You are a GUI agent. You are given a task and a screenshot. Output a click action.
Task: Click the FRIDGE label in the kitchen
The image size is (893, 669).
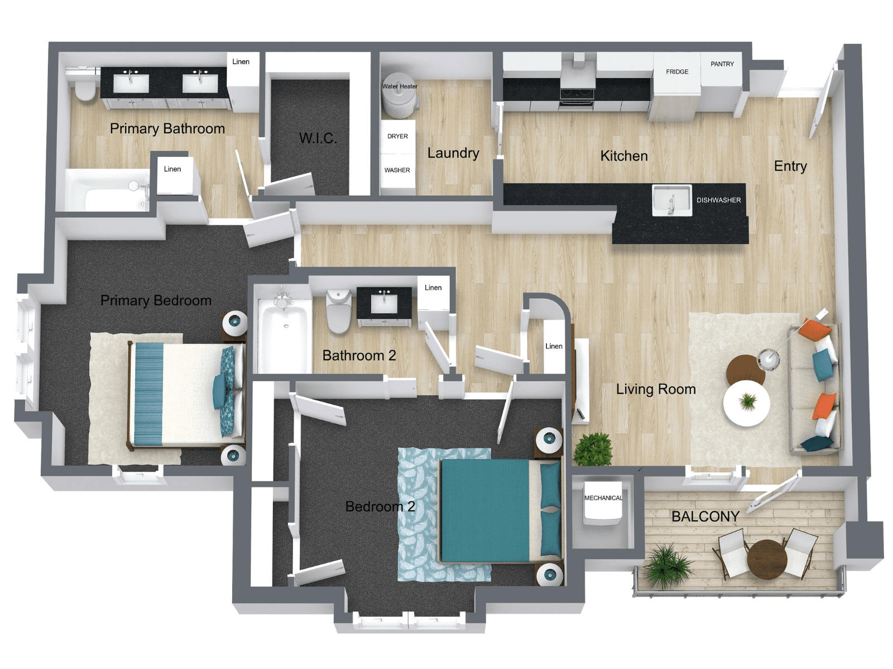coord(676,72)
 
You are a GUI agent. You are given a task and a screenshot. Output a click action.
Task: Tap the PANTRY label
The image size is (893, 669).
coord(722,64)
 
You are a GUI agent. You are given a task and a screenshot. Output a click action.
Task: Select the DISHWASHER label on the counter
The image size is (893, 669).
coord(718,200)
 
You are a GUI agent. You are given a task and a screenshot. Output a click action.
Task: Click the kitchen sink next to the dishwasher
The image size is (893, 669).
coord(671,200)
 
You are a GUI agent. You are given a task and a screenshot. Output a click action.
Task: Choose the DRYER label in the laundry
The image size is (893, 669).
coord(397,136)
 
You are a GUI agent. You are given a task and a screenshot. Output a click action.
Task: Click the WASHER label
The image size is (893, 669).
coord(397,170)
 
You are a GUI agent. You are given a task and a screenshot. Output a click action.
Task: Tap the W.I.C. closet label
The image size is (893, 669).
coord(318,138)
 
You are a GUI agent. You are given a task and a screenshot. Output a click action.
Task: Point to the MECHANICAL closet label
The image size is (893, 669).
coord(603,498)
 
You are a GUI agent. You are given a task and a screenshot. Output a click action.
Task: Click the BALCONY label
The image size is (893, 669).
coord(705,517)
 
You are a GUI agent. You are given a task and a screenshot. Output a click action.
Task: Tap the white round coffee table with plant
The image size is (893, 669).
coord(746,403)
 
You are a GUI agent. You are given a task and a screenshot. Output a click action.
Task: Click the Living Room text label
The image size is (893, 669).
coord(655,389)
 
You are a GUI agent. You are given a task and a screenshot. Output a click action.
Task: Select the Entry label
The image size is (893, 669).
coord(790,166)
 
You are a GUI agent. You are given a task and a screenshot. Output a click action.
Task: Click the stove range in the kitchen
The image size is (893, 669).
coord(577,95)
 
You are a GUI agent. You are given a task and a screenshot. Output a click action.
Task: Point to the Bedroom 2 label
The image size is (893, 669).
coord(380,506)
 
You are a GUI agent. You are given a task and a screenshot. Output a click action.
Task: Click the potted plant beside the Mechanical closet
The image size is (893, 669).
coord(593,449)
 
